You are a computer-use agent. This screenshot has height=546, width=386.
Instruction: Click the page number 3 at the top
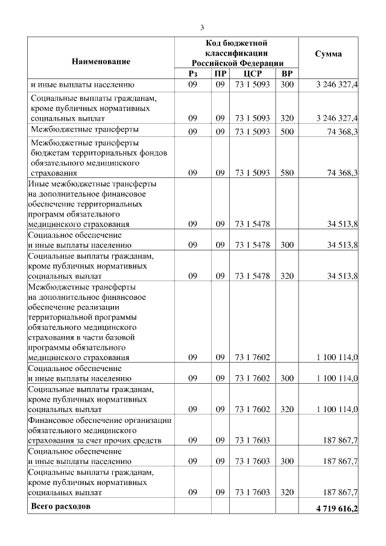pyautogui.click(x=203, y=27)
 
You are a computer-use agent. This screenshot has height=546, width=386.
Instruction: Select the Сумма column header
pyautogui.click(x=329, y=54)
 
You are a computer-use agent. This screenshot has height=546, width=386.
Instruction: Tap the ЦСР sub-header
pyautogui.click(x=251, y=74)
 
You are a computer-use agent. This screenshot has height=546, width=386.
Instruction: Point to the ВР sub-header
pyautogui.click(x=286, y=74)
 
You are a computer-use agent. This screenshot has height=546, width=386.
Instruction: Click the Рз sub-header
pyautogui.click(x=193, y=74)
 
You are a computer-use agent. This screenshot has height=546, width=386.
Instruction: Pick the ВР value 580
pyautogui.click(x=286, y=173)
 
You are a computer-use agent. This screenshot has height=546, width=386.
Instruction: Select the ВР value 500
pyautogui.click(x=286, y=130)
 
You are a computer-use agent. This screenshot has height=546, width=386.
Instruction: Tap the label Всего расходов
pyautogui.click(x=61, y=506)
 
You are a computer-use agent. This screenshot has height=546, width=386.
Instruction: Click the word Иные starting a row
pyautogui.click(x=39, y=183)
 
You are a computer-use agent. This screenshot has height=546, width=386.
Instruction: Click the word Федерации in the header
pyautogui.click(x=258, y=63)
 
